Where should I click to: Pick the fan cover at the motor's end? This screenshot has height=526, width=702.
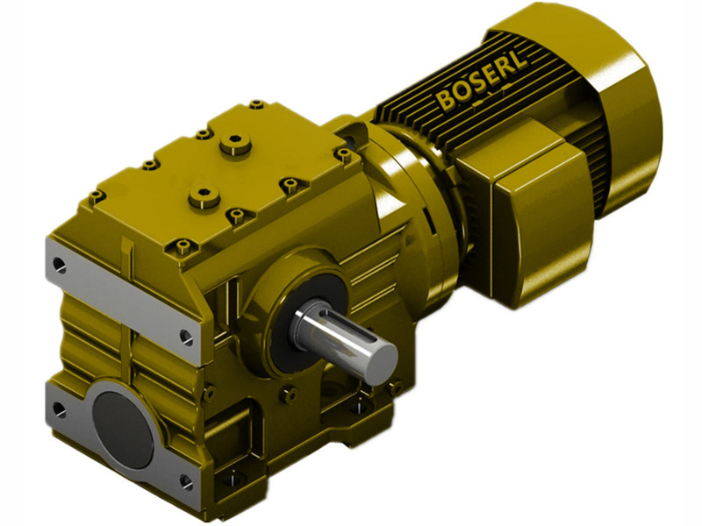[x=614, y=96]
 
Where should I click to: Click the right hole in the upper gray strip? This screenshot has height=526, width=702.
[x=186, y=334]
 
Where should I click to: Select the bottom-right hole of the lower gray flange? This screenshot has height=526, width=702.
[x=185, y=480]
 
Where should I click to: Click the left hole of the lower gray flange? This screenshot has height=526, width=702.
[x=59, y=409]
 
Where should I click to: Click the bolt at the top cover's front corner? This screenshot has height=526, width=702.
[x=182, y=246]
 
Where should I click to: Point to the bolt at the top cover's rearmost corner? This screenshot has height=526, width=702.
[x=256, y=104]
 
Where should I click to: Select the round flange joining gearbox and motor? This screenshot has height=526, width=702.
[x=412, y=210]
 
